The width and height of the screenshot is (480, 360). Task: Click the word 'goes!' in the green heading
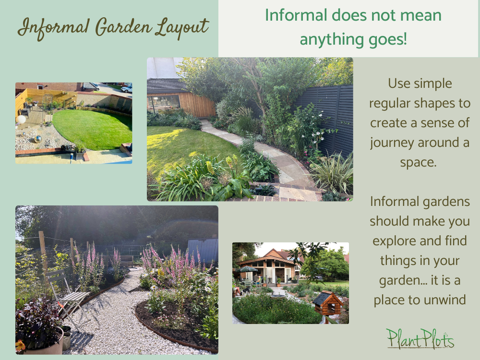pos(384,38)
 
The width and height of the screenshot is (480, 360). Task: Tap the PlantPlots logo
pos(420,339)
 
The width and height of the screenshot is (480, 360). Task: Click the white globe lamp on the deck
pos(21,119)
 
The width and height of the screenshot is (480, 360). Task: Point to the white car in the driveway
pos(127,89)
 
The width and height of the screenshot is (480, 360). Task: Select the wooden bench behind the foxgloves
pos(127,260)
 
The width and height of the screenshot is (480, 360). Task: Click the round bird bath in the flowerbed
pos(277,296)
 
